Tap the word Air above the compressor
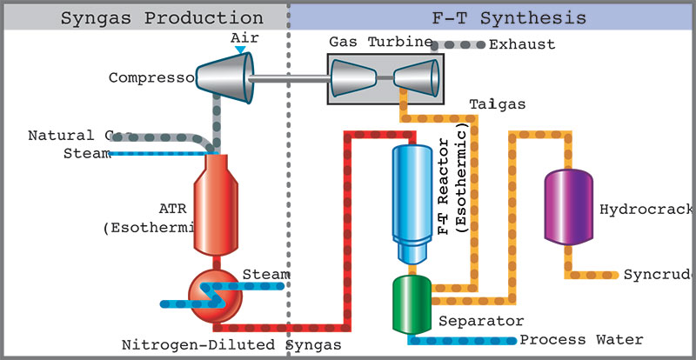point(244,38)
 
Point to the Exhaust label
point(522,44)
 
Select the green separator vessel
point(411,303)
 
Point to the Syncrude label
point(658,275)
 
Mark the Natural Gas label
point(70,136)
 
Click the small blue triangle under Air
point(240,50)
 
